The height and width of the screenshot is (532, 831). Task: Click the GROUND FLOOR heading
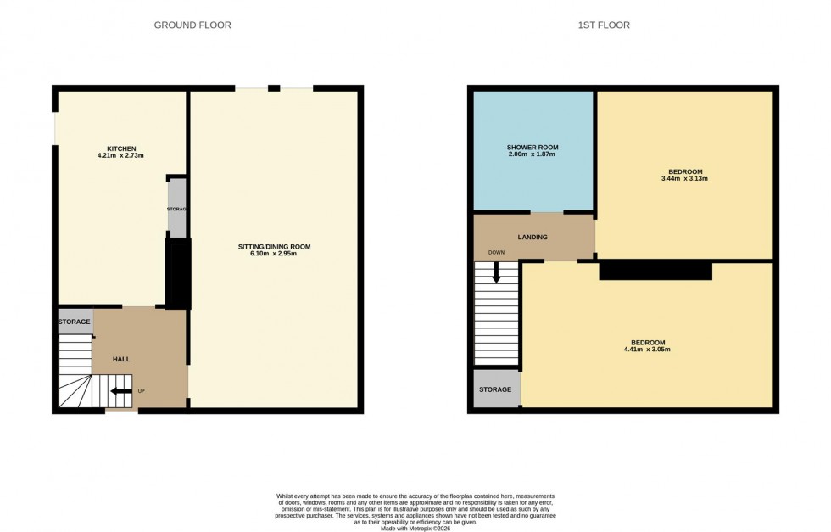(x=192, y=25)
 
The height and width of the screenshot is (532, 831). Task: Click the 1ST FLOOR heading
(x=604, y=25)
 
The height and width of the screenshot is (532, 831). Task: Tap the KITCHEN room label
(x=121, y=148)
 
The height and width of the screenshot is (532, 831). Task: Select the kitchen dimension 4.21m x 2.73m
(x=121, y=156)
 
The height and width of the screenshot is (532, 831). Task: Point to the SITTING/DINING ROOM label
(x=274, y=247)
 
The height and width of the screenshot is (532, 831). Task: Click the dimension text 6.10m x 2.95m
(x=274, y=255)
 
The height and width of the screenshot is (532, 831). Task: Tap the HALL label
(x=121, y=360)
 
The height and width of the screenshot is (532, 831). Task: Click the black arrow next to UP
(x=120, y=391)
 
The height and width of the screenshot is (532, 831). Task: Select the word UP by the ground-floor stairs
(x=142, y=391)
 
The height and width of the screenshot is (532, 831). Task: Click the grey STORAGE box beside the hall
(x=75, y=322)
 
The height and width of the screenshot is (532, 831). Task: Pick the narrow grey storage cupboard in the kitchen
(x=177, y=209)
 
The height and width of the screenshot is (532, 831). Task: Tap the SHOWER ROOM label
(x=533, y=148)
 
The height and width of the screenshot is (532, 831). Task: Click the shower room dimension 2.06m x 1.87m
(x=533, y=155)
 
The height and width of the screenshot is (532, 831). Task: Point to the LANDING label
(x=533, y=238)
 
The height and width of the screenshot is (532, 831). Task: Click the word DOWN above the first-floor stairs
(x=497, y=253)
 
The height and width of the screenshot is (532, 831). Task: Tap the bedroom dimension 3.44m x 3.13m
(x=683, y=179)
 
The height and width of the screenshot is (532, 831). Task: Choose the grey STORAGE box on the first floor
(x=496, y=389)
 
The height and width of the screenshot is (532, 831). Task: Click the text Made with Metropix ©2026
(x=415, y=529)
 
